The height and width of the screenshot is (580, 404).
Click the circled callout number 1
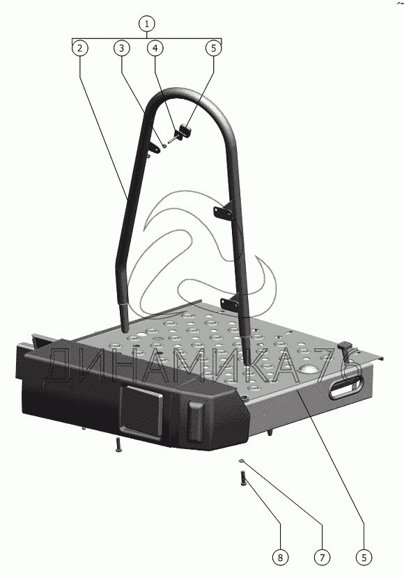tap(147, 24)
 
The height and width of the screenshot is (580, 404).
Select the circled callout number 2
tap(80, 48)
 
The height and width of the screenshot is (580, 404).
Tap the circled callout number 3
tap(122, 48)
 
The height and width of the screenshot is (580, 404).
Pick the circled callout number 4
tap(155, 48)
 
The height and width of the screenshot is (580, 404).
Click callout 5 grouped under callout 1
tap(213, 48)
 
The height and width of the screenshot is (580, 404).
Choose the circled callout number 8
tap(280, 557)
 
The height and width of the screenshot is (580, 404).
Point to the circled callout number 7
tap(322, 557)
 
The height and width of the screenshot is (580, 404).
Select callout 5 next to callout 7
tap(364, 557)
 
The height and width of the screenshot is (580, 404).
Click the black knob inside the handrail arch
tap(185, 132)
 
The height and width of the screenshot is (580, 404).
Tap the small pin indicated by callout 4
tap(172, 139)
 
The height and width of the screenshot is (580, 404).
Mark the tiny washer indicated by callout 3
tap(164, 146)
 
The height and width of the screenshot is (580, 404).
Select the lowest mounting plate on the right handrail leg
tap(230, 302)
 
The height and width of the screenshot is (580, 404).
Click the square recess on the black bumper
tap(141, 409)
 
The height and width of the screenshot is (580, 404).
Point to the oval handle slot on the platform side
tap(346, 388)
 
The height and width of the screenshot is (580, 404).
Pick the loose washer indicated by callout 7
tap(242, 460)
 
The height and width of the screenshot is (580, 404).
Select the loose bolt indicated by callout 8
tap(243, 478)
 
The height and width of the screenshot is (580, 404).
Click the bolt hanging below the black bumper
tap(118, 444)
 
